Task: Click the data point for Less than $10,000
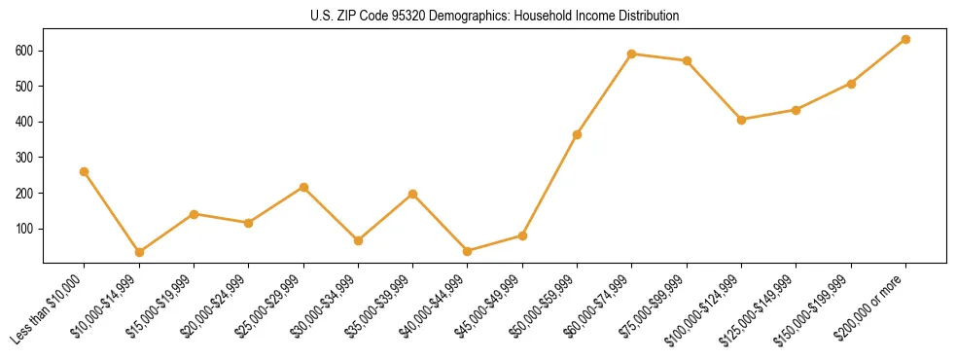tap(85, 171)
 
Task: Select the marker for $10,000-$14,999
tap(139, 252)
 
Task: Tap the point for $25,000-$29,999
tap(303, 187)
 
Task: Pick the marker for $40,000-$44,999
tap(468, 251)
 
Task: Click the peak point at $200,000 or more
tap(905, 39)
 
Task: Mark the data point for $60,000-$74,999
tap(632, 54)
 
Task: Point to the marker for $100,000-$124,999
tap(741, 120)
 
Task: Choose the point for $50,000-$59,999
tap(577, 134)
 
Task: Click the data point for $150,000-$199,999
tap(851, 84)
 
